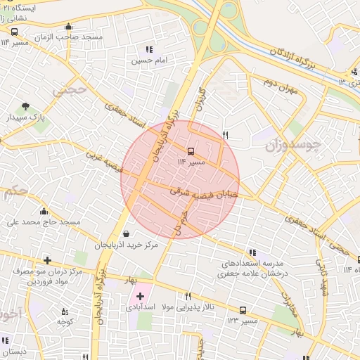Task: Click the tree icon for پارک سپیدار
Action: point(26,106)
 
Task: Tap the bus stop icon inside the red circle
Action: point(191,150)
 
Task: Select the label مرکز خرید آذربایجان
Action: point(126,245)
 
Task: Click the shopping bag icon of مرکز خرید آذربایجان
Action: point(126,234)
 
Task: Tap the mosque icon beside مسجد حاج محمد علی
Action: point(44,212)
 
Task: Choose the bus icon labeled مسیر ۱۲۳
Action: point(243,309)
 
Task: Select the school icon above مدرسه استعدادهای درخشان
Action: point(252,253)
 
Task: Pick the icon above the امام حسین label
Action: point(149,49)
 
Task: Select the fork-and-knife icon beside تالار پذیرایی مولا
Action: point(187,296)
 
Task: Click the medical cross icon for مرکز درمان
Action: point(47,260)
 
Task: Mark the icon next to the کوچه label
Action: point(65,311)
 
